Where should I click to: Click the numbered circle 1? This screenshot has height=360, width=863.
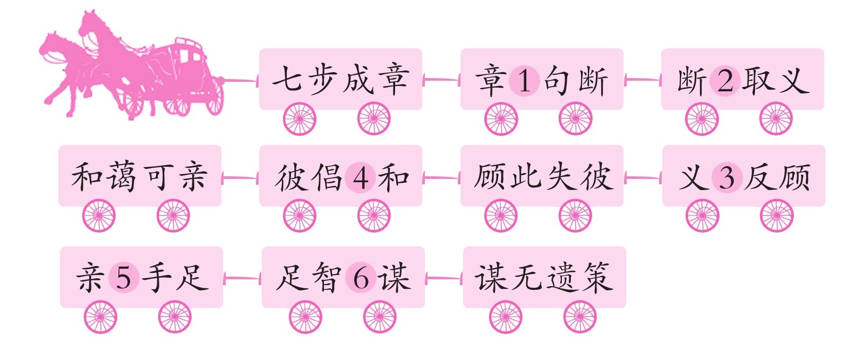point(524,81)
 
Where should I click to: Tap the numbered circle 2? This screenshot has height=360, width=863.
point(725,81)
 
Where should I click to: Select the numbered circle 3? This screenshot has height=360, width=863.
point(727,177)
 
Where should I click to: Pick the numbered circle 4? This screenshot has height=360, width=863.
point(361,177)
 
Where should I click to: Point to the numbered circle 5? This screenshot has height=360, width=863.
point(124,277)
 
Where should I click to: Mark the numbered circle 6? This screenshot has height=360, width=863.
point(361,278)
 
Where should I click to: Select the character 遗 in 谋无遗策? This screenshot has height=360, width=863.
point(563,277)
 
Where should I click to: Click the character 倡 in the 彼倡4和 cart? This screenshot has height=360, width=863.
point(325,177)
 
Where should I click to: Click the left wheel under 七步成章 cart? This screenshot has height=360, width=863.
point(300,118)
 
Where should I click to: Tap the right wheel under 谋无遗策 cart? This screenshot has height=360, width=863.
point(580,317)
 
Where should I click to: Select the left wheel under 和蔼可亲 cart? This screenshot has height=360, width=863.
point(99,216)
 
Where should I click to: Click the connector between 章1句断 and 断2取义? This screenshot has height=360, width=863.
point(642,80)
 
